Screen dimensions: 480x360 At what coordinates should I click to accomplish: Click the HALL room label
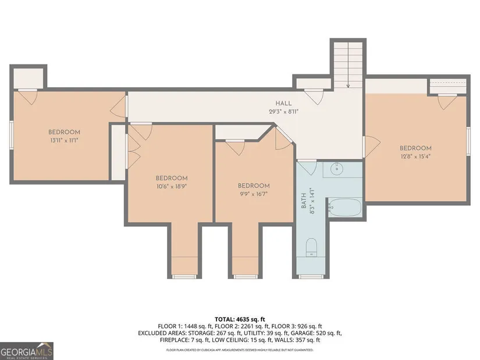point(283,103)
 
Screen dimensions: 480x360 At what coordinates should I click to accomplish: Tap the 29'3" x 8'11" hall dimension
point(283,112)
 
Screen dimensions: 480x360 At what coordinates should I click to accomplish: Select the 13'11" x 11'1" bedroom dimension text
point(64,141)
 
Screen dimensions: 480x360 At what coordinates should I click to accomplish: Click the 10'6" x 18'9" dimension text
point(172,186)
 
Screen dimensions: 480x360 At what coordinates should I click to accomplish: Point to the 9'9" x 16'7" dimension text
point(254,194)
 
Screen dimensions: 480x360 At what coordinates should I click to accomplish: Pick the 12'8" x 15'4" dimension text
point(415,156)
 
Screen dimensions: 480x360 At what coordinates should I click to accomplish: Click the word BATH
point(304,201)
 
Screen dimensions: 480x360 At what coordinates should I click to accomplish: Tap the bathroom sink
point(337,169)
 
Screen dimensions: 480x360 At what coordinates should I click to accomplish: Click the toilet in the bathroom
point(312,247)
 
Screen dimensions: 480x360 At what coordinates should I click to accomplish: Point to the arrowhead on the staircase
point(348,86)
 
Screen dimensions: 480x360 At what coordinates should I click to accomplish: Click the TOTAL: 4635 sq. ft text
point(240,320)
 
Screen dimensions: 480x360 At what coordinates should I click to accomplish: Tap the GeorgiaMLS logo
point(27,351)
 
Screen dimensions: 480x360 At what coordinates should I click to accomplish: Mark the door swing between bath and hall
point(308,167)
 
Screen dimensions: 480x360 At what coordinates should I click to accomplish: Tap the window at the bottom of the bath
point(311,277)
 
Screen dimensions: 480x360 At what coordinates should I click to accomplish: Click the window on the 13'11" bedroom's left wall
point(11,135)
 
